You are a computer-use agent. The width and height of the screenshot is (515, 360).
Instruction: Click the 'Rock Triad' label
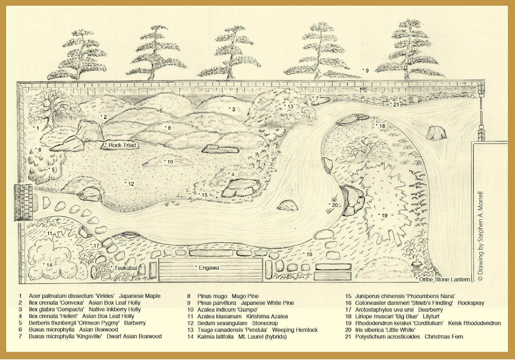point(122,145)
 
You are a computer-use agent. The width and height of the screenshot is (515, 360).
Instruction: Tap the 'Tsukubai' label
point(125,268)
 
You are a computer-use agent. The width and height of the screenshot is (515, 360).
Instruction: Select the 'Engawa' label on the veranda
point(209,268)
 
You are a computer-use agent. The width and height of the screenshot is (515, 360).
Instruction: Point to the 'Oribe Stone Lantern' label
point(444,279)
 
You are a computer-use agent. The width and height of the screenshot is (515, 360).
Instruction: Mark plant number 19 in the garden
point(384,215)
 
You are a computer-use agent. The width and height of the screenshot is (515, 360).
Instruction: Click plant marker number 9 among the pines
point(367,70)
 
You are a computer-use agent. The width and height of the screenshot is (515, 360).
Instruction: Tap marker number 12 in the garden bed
point(131,184)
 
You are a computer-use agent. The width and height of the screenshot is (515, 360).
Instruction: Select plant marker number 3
point(233,110)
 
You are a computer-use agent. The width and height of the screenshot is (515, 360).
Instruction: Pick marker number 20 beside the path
point(335,205)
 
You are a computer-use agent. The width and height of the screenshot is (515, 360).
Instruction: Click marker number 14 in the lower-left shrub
point(49,265)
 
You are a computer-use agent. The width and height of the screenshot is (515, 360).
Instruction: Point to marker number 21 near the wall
point(396,104)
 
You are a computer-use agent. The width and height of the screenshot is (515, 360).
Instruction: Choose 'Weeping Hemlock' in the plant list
point(295,330)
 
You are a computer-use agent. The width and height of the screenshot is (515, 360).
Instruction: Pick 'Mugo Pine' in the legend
point(245,296)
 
